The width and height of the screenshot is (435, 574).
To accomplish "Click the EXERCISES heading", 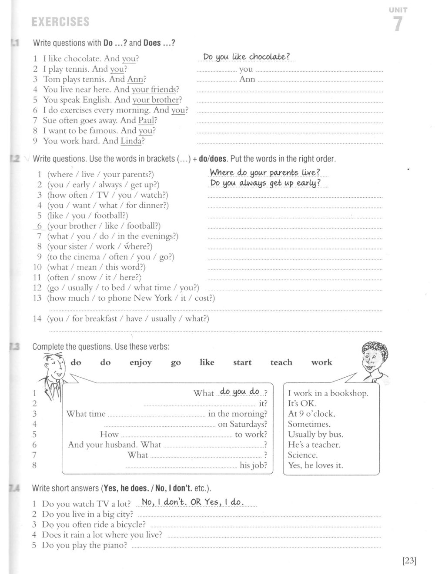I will [x=61, y=22].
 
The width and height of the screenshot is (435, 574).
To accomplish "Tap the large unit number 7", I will [x=398, y=23].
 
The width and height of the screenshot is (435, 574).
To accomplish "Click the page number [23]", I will [x=409, y=561].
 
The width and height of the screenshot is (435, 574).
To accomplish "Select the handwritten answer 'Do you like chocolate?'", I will [x=246, y=57].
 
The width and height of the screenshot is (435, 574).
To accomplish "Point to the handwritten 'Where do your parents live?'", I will [x=264, y=173].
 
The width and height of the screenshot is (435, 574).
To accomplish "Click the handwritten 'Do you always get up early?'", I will [x=265, y=183].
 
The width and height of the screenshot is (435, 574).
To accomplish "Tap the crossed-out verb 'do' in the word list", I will [x=76, y=362].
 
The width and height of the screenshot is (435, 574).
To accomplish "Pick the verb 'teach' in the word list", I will [x=281, y=362].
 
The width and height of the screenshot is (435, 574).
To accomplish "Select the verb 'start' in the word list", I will [x=242, y=362].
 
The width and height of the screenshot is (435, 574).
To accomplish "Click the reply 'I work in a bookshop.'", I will [x=328, y=393].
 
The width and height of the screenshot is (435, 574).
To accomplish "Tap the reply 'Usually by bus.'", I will [x=315, y=434].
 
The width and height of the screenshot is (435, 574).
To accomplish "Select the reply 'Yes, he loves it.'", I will [x=315, y=465].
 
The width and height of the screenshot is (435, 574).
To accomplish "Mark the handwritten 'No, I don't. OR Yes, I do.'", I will [x=193, y=502].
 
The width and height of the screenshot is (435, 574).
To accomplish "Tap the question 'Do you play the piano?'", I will [x=84, y=545].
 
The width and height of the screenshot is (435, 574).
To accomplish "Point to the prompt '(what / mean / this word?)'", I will [x=96, y=267].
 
